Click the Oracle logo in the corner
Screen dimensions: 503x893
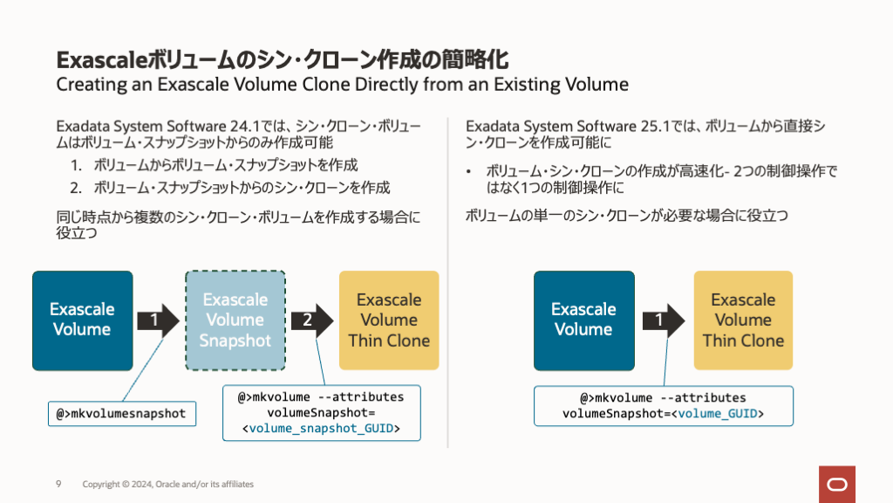coord(836,484)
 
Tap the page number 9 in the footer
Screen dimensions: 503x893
coord(58,484)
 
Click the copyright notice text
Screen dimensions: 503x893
coord(168,484)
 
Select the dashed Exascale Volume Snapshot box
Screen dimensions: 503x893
coord(235,320)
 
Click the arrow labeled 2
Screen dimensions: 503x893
coord(311,320)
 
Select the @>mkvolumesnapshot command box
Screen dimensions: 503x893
coord(122,413)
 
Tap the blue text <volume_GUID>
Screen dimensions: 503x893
coord(720,413)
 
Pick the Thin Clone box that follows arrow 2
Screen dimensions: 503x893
coord(389,320)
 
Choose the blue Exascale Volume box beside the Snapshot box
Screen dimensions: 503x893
coord(82,320)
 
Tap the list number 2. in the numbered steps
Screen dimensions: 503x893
coord(77,187)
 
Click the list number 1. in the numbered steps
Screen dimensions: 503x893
coord(77,164)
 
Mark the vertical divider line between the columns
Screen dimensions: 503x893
coord(447,279)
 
